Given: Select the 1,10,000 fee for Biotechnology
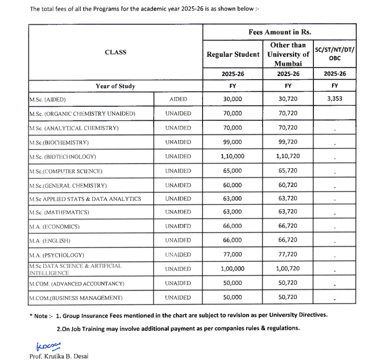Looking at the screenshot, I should [x=232, y=157].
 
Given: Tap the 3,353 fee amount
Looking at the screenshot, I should [x=334, y=99].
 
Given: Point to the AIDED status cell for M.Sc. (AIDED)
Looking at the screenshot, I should [x=178, y=100].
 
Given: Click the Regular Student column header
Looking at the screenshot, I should [x=233, y=54].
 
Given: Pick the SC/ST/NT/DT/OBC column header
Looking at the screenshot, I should [x=334, y=54].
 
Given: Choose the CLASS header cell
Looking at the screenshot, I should [x=115, y=52].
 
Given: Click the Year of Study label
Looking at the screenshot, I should [x=115, y=86].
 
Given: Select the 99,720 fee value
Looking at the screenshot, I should [x=288, y=142].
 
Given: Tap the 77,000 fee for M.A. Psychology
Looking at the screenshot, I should [x=232, y=255].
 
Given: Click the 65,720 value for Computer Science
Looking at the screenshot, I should [x=288, y=171].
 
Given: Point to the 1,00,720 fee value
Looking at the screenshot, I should [x=288, y=269].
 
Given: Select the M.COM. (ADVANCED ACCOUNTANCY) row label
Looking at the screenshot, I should [x=76, y=284].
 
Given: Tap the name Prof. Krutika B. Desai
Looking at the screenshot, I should [x=59, y=355].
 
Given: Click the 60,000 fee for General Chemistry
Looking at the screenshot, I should [x=232, y=185].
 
